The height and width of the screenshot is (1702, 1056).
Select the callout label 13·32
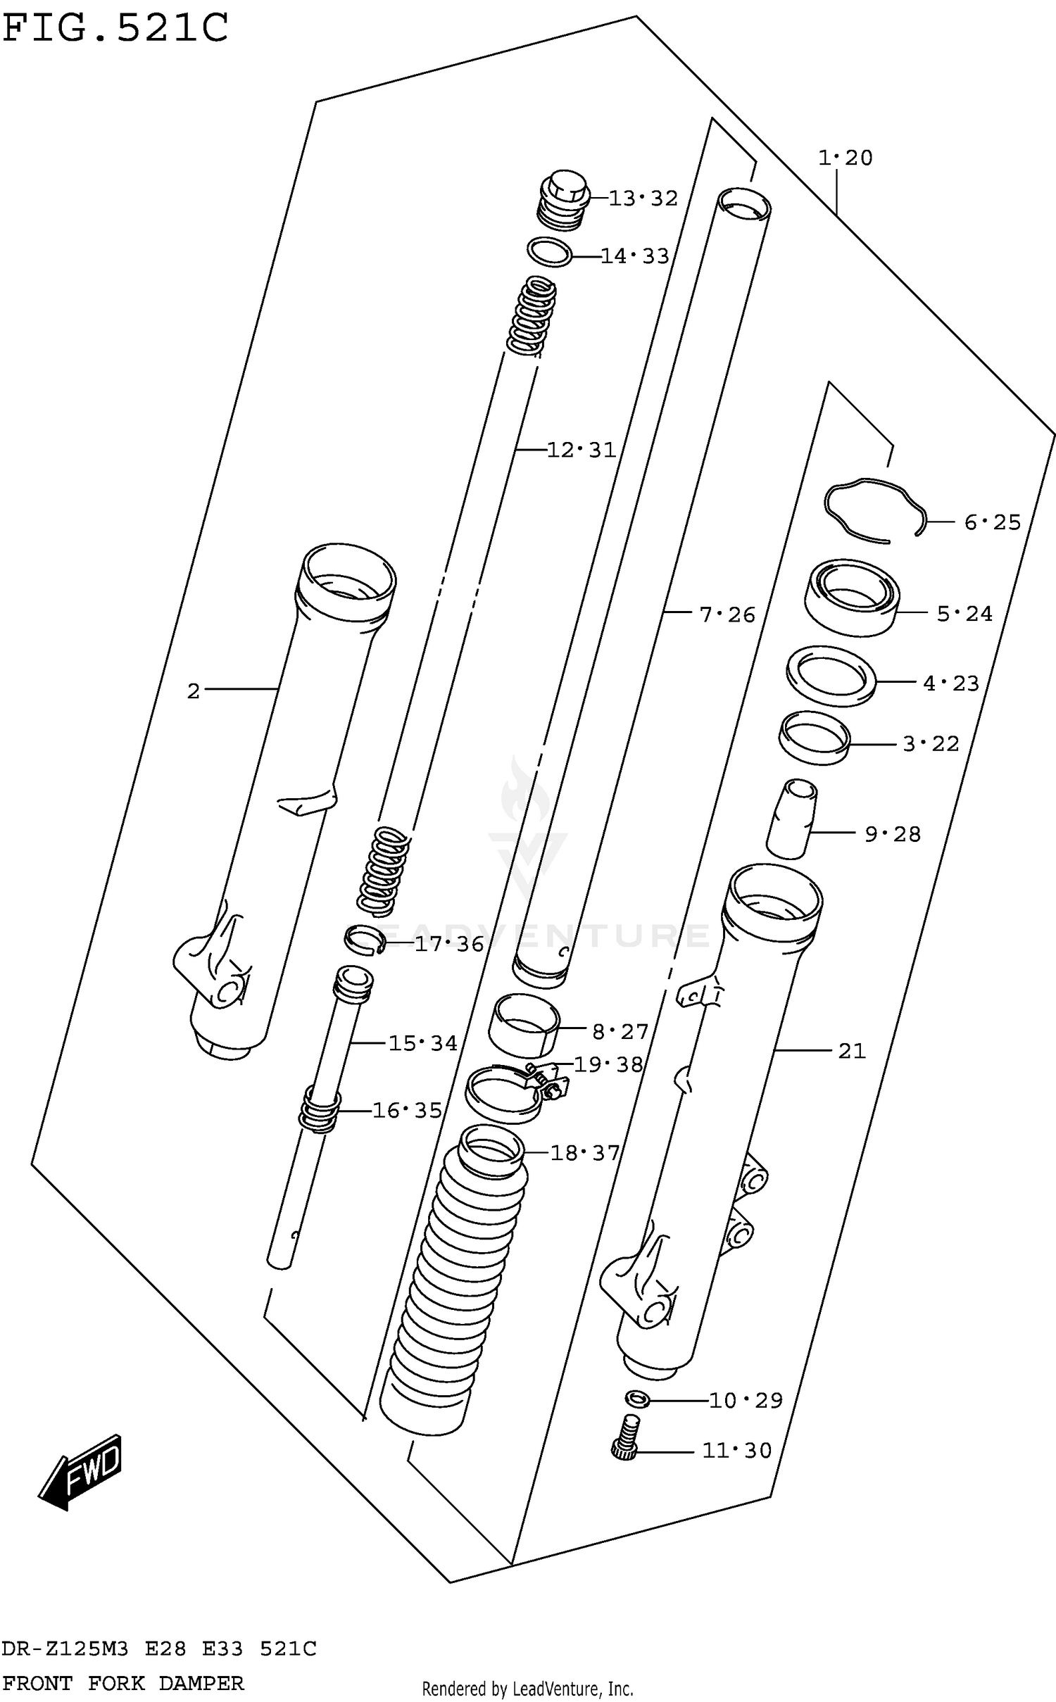click(x=642, y=198)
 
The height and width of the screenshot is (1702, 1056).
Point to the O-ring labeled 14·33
click(x=549, y=252)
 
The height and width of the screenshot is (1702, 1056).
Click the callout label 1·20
click(x=845, y=158)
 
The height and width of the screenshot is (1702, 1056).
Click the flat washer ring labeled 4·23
click(x=831, y=676)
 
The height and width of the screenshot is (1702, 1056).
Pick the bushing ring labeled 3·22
click(x=814, y=738)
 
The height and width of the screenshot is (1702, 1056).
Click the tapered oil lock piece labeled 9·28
click(x=791, y=818)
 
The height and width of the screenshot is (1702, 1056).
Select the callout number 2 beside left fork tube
click(x=194, y=691)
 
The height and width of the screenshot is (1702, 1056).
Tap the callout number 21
click(x=851, y=1051)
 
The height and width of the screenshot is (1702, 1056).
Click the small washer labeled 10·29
click(x=636, y=1399)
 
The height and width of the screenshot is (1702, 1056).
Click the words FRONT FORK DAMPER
click(x=123, y=1683)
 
